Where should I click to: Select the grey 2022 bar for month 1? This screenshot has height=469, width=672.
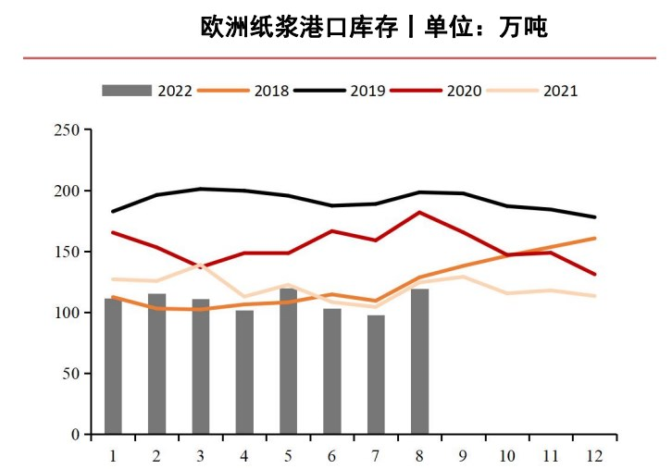(x=113, y=366)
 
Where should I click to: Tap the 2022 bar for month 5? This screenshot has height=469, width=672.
(x=288, y=362)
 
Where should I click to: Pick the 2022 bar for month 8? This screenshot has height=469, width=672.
(x=419, y=362)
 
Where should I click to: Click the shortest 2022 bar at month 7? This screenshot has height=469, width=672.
(x=376, y=375)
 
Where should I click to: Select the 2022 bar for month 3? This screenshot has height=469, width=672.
(x=201, y=366)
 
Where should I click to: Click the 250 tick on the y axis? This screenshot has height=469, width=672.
(x=67, y=130)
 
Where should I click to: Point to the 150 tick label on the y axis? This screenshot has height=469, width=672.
(x=67, y=252)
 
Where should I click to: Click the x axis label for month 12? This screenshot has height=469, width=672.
(x=594, y=455)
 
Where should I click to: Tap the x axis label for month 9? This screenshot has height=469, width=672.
(x=463, y=455)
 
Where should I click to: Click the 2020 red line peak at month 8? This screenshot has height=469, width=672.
(x=419, y=213)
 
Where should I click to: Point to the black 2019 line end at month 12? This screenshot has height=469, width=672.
(x=594, y=217)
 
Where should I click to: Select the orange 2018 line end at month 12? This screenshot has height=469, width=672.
(x=594, y=239)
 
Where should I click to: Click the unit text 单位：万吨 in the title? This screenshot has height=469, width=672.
(x=486, y=28)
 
